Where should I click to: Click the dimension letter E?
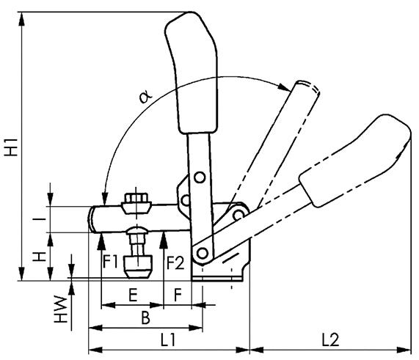[x=131, y=296]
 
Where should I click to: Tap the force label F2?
[x=174, y=261]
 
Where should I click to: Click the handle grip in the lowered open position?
[x=352, y=161]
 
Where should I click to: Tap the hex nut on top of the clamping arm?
[x=137, y=201]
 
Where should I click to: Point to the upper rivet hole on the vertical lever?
[x=199, y=177]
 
